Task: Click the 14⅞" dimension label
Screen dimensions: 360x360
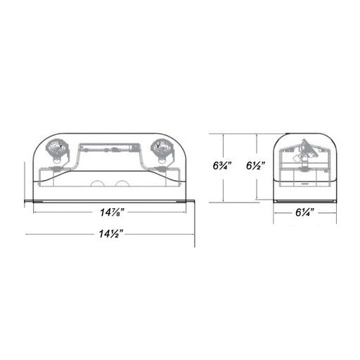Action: [112, 212]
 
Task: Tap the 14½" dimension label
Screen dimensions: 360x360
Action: [111, 233]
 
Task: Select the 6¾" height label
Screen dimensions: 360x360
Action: [222, 166]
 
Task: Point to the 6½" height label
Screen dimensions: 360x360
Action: [255, 166]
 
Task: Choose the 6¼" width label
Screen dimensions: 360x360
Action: [304, 212]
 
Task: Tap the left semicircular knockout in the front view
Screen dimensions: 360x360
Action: [97, 184]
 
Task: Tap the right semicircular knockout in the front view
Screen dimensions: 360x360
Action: [122, 184]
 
